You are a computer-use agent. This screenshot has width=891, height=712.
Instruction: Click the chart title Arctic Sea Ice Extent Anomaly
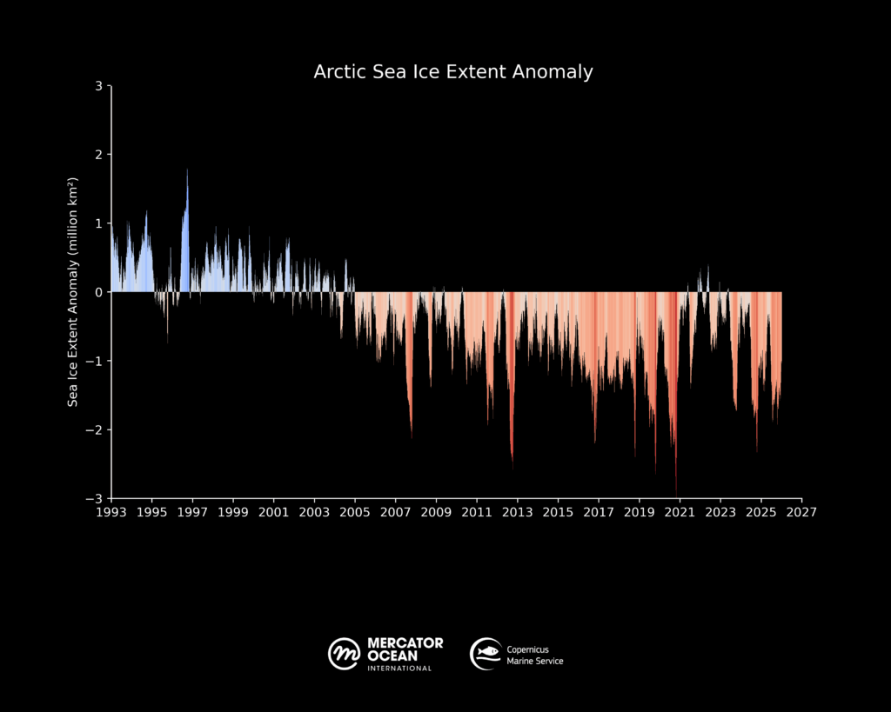click(453, 72)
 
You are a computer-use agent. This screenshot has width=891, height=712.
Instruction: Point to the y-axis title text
click(74, 292)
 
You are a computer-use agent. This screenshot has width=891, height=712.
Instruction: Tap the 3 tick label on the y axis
click(99, 86)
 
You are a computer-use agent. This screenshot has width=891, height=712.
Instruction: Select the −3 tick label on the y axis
click(96, 498)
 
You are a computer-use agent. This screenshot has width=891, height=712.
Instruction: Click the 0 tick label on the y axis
click(99, 292)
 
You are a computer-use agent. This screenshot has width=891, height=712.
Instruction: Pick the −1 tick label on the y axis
click(96, 361)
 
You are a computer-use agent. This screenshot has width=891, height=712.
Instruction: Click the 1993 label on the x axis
click(111, 512)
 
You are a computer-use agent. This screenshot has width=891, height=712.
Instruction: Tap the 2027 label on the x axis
click(801, 512)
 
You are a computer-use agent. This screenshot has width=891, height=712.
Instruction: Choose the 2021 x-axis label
click(680, 512)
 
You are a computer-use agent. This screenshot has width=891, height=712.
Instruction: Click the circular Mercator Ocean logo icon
click(345, 653)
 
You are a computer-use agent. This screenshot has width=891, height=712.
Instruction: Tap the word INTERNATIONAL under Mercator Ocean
click(399, 669)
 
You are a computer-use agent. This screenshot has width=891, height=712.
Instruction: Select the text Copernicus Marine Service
click(535, 655)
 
